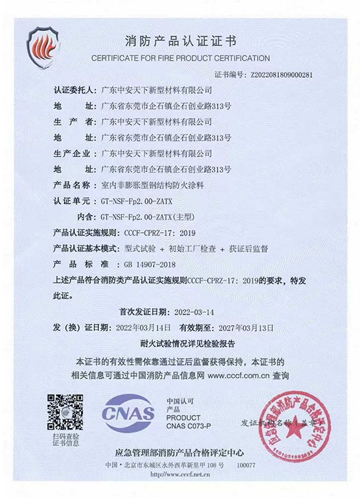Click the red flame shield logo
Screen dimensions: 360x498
(x=44, y=45)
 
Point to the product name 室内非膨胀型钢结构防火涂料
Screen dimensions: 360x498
(x=153, y=186)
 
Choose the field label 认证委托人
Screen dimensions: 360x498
(x=74, y=89)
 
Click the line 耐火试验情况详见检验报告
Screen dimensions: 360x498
(x=179, y=344)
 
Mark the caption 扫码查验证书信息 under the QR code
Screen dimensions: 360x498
(x=64, y=441)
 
